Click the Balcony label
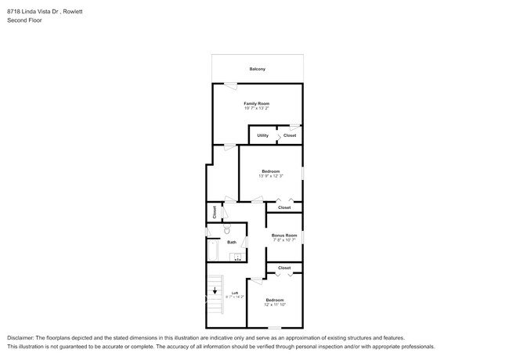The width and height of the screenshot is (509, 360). tap(257, 69)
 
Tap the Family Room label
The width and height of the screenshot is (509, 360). tap(256, 103)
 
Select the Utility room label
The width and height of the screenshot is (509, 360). tap(262, 135)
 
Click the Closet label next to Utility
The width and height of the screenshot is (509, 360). tap(289, 135)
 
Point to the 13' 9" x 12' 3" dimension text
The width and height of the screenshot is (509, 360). tap(270, 176)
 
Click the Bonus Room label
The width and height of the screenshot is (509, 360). tap(283, 235)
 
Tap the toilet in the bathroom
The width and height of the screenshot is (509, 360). tap(226, 231)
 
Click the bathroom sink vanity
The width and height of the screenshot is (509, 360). tap(236, 257)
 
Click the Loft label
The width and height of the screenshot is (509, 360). tap(234, 293)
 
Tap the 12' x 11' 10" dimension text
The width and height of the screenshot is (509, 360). tap(274, 305)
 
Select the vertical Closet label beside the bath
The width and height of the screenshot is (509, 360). tap(215, 211)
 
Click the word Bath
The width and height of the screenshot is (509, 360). tap(232, 243)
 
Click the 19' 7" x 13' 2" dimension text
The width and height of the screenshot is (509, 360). tap(256, 109)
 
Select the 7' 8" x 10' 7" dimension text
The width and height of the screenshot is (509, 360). tap(283, 240)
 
